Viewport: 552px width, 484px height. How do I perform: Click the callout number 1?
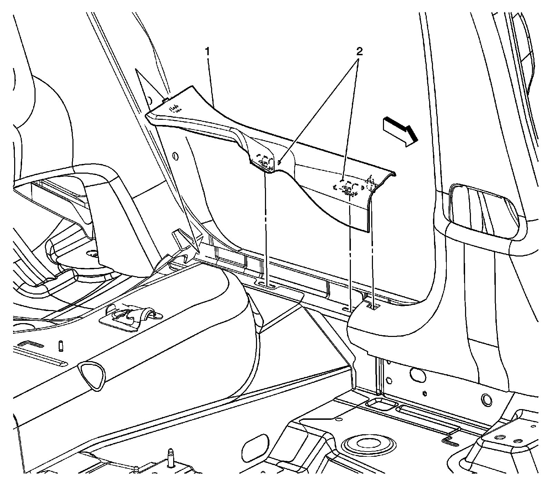[208, 52]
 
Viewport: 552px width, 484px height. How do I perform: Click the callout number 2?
[359, 52]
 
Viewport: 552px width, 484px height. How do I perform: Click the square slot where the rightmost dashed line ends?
[373, 306]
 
